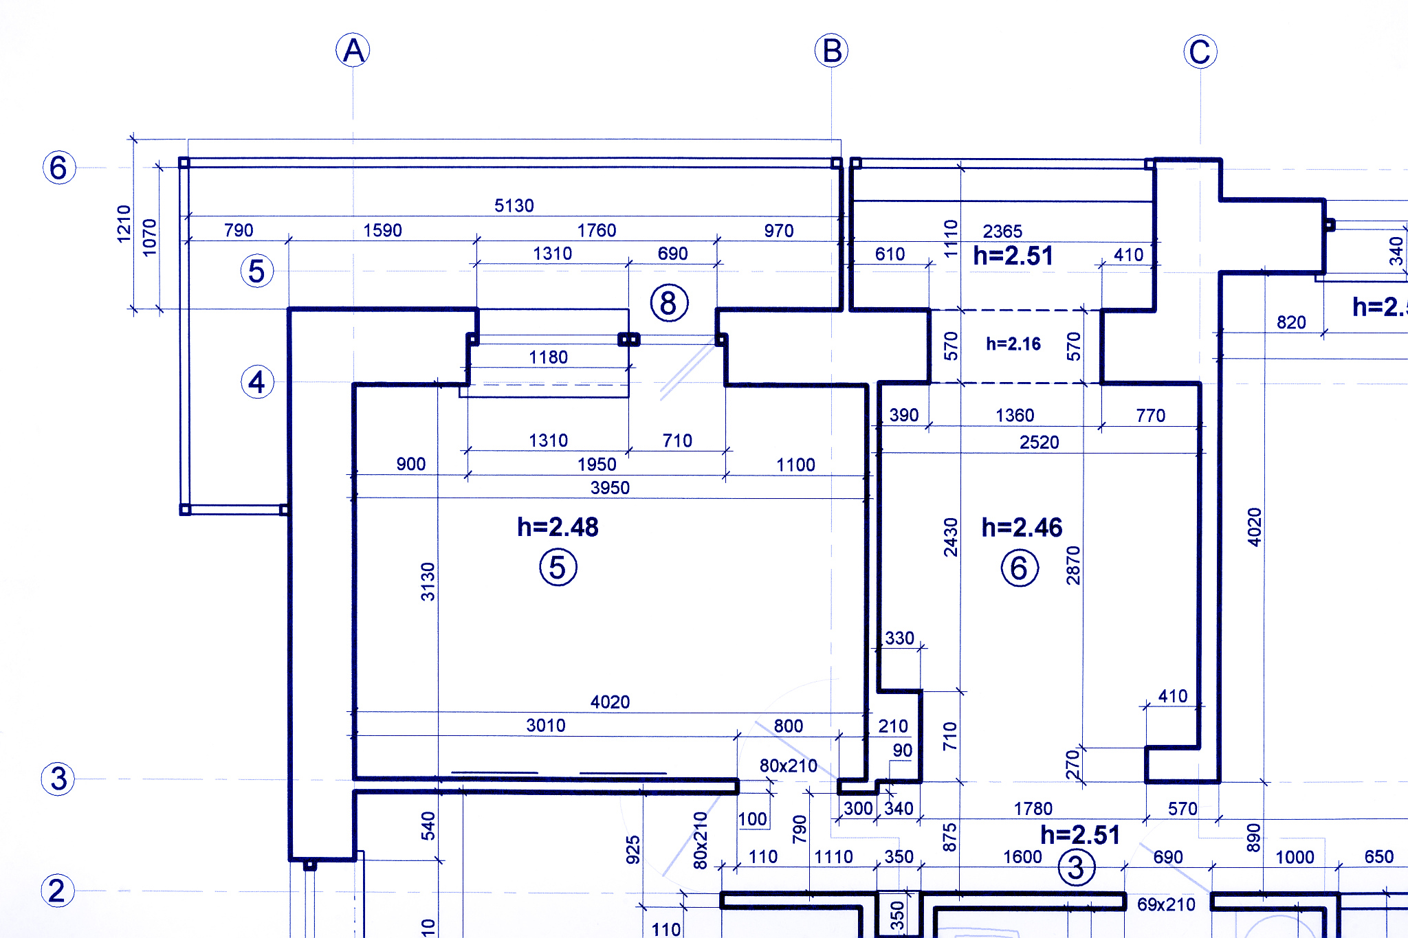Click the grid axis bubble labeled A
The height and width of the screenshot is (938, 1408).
click(x=353, y=50)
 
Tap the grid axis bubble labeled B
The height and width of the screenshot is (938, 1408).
click(x=831, y=50)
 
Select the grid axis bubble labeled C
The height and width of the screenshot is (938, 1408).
click(x=1200, y=52)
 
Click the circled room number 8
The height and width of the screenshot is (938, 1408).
click(x=669, y=303)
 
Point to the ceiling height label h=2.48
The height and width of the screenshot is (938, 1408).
click(x=558, y=527)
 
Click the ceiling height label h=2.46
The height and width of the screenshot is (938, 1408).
click(x=1022, y=527)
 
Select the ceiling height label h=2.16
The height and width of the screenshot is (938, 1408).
click(x=1013, y=344)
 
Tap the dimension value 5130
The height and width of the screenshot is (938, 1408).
click(x=514, y=205)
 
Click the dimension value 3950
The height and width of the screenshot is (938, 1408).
click(x=610, y=488)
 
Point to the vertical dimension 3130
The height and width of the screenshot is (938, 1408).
click(x=428, y=581)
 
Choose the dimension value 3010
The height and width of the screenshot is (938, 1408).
click(x=546, y=725)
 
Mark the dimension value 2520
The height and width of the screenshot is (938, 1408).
click(x=1039, y=442)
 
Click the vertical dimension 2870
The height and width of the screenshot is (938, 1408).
click(x=1073, y=566)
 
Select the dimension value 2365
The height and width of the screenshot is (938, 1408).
click(x=1002, y=231)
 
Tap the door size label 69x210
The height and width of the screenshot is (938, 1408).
click(x=1166, y=904)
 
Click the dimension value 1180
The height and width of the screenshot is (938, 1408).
click(x=548, y=357)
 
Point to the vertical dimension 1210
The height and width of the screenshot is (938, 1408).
click(x=124, y=223)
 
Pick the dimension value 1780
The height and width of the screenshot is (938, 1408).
click(x=1033, y=809)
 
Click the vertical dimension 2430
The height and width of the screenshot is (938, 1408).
click(x=951, y=537)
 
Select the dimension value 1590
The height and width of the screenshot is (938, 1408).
click(x=382, y=230)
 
